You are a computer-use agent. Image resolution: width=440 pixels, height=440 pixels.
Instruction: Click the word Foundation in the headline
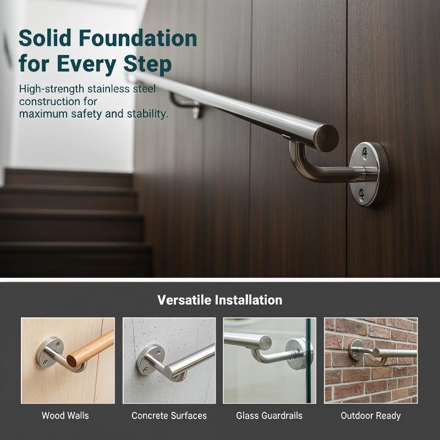(x=138, y=38)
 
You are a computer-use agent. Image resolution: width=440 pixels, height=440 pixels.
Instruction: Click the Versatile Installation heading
(x=219, y=300)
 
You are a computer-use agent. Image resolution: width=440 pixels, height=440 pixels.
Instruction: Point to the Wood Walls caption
(x=65, y=415)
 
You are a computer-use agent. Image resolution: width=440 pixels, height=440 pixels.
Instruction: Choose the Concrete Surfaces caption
(x=169, y=415)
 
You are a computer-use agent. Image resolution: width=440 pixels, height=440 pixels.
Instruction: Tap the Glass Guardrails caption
(x=269, y=415)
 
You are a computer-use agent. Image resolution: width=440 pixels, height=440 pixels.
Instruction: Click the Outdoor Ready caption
(x=371, y=416)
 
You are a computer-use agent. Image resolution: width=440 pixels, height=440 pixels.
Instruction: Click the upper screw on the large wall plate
(x=365, y=152)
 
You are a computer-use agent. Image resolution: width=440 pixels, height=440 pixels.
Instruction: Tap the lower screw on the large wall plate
(x=362, y=194)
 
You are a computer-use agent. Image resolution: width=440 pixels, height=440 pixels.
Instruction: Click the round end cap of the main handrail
(x=328, y=138)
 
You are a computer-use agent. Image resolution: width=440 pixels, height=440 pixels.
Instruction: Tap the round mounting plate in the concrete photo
(x=147, y=360)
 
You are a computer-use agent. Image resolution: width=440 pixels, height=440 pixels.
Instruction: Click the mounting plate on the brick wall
(x=356, y=350)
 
